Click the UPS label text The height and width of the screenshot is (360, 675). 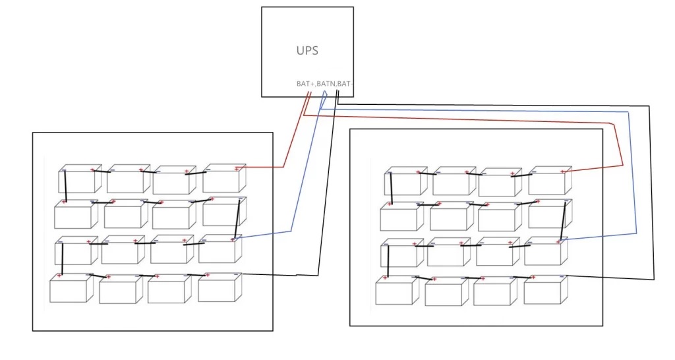coord(307,50)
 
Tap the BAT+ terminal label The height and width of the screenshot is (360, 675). coord(305,84)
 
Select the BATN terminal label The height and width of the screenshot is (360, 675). coord(326,84)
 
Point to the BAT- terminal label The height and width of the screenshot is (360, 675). coord(345,84)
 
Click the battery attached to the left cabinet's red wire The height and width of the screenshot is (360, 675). coord(223,179)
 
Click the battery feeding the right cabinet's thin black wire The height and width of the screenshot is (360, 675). coord(544,290)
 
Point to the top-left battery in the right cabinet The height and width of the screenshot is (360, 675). coord(403,182)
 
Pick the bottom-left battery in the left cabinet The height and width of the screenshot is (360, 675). coord(70,289)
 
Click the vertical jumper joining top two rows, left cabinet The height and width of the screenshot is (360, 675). coord(65,187)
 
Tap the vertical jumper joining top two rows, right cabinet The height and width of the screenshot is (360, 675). coord(391,189)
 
